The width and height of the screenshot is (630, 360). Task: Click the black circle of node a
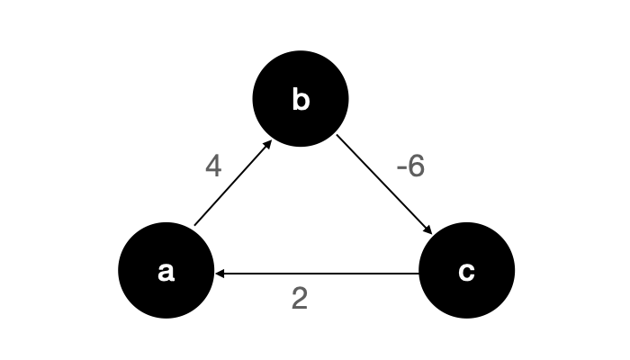166,270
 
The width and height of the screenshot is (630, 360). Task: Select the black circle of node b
301,99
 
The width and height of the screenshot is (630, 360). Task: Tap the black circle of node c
467,270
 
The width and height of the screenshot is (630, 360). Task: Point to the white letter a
166,272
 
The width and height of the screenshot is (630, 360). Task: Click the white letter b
301,99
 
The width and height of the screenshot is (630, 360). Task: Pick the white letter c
466,272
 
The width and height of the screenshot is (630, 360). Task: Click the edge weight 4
213,166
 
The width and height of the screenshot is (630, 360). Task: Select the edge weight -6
410,166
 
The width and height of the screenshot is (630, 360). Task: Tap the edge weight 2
300,299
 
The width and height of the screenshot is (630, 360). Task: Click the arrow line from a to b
233,183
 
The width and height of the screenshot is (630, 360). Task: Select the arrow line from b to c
384,184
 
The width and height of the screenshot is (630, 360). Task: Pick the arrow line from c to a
317,274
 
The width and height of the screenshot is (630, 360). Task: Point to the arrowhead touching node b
268,144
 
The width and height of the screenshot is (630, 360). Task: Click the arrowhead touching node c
428,229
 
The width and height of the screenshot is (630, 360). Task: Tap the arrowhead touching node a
220,274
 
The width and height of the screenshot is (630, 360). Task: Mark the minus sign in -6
401,168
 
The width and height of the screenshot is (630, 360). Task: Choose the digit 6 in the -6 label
416,166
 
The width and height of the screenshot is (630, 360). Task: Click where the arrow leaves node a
194,226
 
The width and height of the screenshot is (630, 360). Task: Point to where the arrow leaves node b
337,135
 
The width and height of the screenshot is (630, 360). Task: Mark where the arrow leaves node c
419,274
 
